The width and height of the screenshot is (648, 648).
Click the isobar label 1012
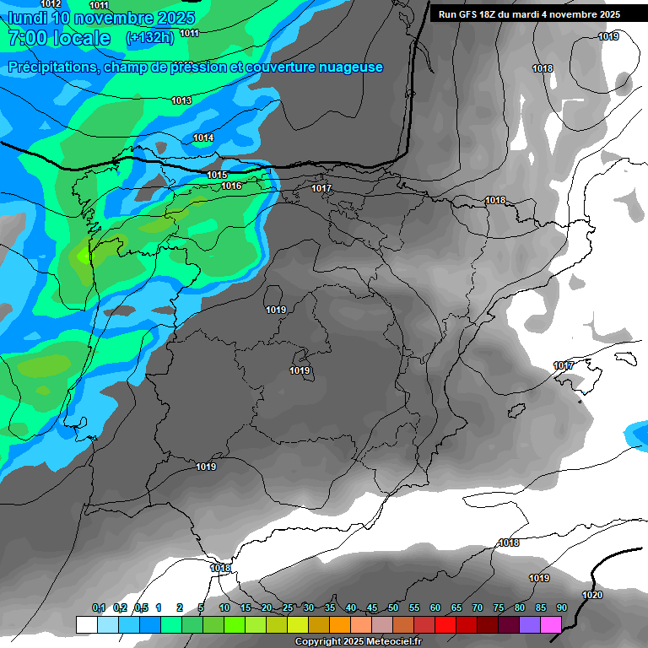51,4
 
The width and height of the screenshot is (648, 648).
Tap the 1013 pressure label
181,101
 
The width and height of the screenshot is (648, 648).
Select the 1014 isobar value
203,138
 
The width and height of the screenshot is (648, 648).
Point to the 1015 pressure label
217,175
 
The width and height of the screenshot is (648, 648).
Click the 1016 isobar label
232,186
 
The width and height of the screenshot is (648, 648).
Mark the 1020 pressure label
593,595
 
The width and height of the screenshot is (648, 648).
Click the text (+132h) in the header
149,38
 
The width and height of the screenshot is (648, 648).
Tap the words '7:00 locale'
59,38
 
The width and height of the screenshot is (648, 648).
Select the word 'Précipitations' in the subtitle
50,67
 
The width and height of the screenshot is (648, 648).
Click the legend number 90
561,608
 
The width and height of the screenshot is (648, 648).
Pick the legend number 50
393,608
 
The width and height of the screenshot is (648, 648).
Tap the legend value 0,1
99,608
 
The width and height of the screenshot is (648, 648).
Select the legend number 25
288,608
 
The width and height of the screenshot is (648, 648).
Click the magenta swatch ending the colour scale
551,624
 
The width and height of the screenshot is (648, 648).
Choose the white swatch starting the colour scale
86,624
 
